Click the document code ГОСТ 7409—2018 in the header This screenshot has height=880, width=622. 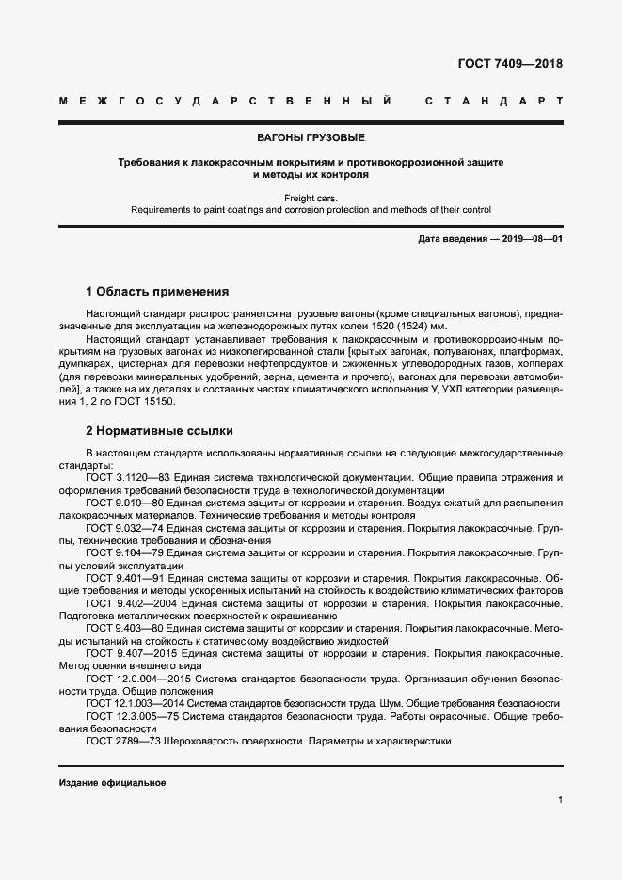(x=510, y=65)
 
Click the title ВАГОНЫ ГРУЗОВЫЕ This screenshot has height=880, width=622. (x=311, y=138)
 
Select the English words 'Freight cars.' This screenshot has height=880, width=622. (x=311, y=199)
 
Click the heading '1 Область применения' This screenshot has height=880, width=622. (x=156, y=292)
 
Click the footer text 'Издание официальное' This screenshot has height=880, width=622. (x=112, y=783)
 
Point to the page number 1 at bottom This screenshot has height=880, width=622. (x=560, y=799)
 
